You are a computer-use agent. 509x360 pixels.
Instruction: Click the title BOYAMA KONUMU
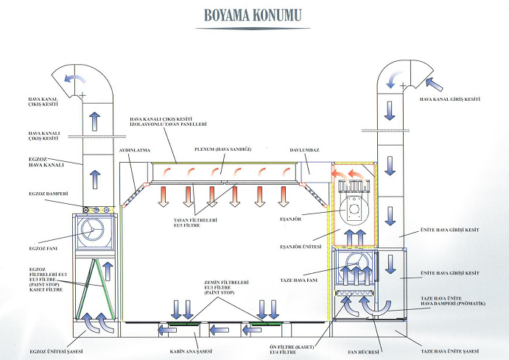254,14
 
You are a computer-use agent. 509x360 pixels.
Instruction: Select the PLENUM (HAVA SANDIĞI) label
222,149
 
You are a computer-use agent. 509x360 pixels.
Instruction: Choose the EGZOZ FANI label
30,236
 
